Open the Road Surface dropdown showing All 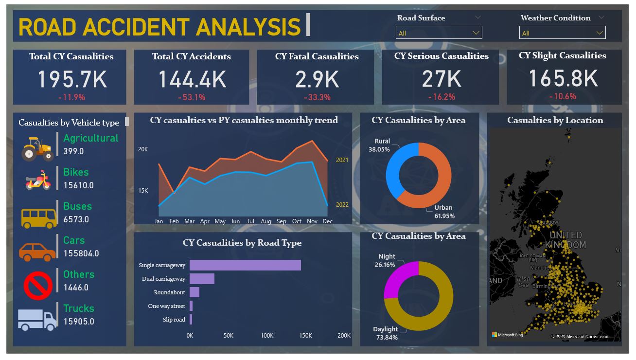coord(439,33)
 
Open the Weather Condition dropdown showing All coord(562,33)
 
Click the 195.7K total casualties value coord(71,79)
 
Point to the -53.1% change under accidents coord(192,97)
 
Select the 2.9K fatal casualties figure coord(317,79)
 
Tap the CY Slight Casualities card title coord(562,55)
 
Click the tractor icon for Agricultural coord(37,148)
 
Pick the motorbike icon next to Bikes coord(37,180)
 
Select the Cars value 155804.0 coord(81,253)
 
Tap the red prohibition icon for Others coord(38,286)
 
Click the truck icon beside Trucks coord(37,319)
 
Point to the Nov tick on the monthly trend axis coord(312,221)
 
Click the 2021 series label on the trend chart coord(342,160)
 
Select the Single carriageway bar coord(245,265)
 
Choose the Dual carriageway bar coord(202,279)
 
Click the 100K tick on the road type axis coord(267,336)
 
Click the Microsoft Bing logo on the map coord(508,335)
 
